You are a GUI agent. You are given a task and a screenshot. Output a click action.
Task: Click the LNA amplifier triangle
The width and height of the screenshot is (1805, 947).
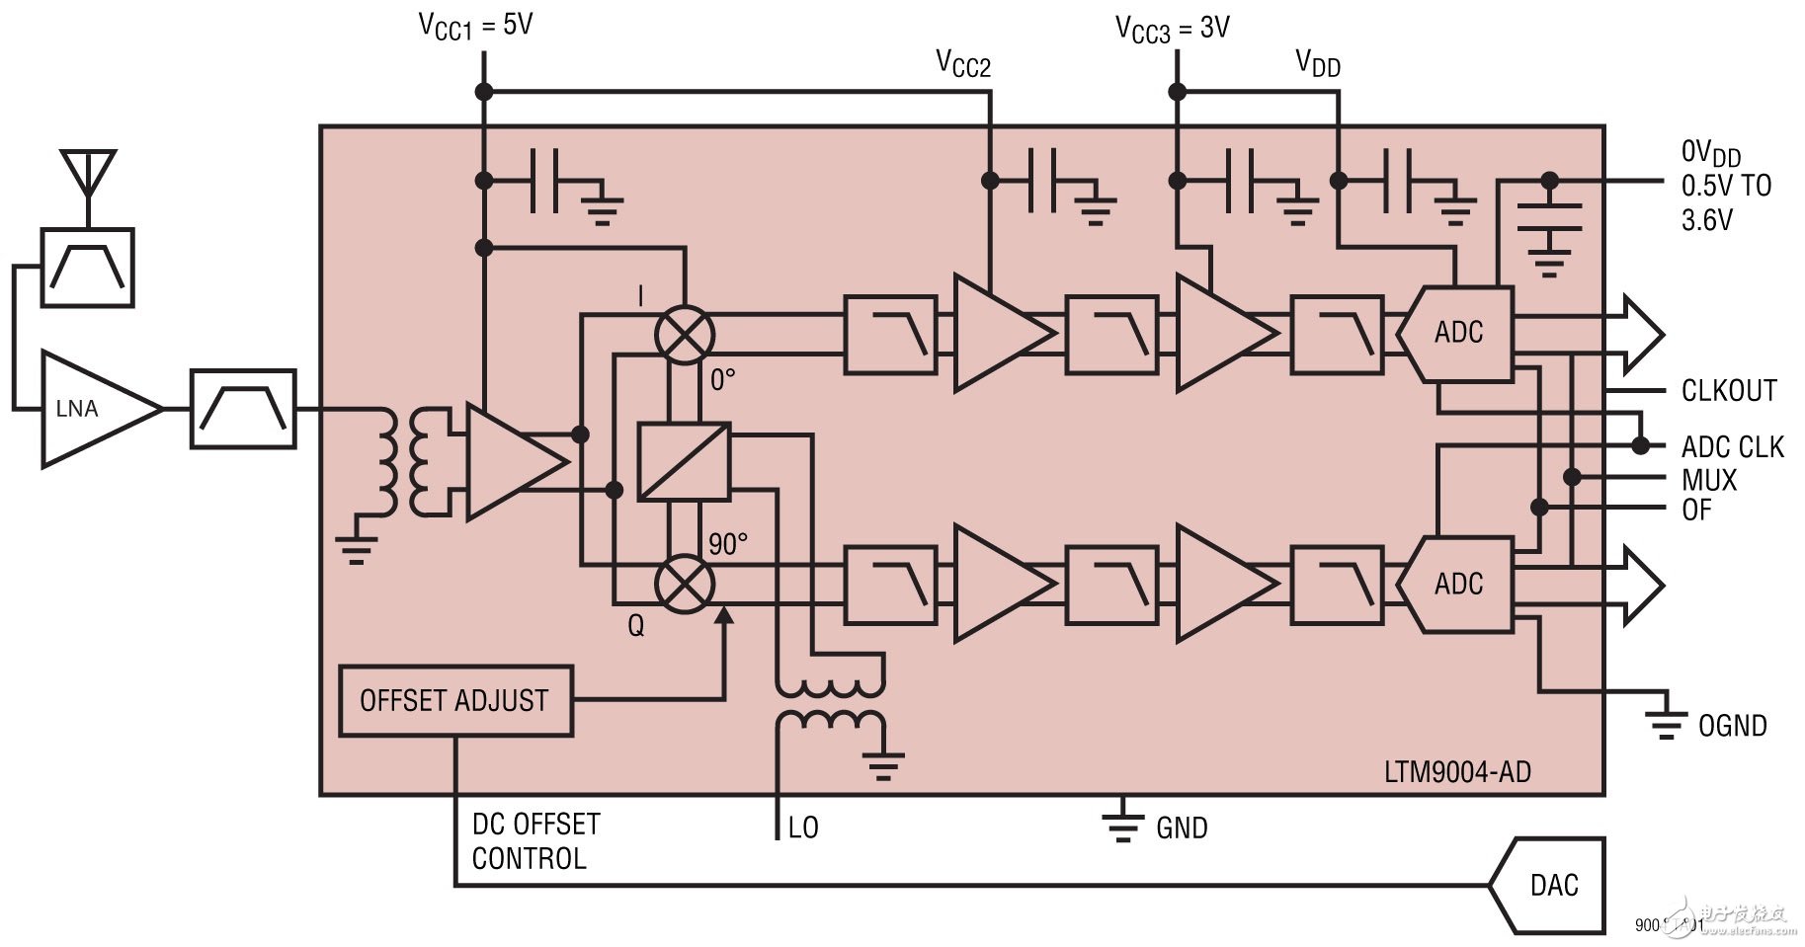pos(89,409)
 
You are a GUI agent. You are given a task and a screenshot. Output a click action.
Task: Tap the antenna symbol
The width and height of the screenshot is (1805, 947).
pos(88,174)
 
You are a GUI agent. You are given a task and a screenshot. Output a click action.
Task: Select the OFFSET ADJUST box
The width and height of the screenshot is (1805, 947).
pos(455,701)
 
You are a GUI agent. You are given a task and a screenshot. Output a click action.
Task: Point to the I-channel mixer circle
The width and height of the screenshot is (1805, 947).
pos(685,335)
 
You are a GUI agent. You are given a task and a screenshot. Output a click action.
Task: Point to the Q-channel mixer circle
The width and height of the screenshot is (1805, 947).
pos(685,584)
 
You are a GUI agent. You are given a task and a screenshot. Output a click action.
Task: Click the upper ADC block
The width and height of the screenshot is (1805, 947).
pos(1457,334)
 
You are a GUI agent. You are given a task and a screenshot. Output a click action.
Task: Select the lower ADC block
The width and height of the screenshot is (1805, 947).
pos(1457,584)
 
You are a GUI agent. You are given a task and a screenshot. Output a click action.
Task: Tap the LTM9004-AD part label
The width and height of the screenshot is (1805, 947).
pos(1456,771)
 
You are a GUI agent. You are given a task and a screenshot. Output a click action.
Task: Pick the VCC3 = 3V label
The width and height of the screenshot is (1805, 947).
pos(1172,29)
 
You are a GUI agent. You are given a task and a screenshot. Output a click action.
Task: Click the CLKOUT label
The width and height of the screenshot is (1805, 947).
pos(1729,391)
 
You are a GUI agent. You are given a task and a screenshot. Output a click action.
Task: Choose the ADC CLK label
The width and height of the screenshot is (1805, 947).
pos(1732,447)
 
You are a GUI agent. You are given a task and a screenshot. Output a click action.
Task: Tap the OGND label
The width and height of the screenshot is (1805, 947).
pos(1732,726)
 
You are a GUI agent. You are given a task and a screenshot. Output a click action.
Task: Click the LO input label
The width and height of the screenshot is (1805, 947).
pos(802,828)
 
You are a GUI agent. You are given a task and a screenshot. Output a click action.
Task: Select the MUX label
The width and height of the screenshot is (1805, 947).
pos(1708,481)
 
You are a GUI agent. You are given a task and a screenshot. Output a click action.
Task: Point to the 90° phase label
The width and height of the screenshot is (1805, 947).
pos(727,544)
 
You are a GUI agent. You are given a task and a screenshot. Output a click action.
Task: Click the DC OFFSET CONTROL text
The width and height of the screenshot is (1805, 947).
pos(535,841)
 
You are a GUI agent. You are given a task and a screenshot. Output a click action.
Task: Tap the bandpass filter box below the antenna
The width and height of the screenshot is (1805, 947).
pos(88,268)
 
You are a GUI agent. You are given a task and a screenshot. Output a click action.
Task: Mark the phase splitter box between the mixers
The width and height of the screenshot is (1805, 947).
pos(684,461)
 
